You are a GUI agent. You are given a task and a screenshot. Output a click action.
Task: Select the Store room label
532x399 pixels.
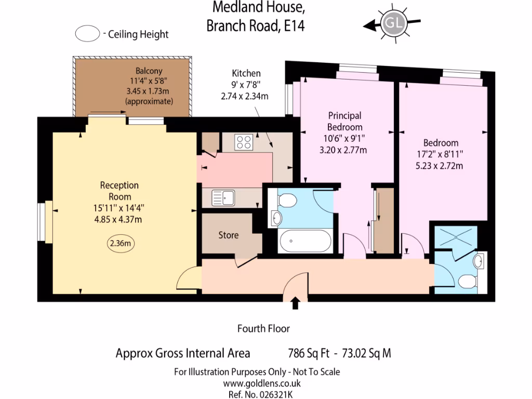(x=228, y=235)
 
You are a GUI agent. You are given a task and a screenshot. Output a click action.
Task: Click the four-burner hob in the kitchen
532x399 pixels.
(x=244, y=141)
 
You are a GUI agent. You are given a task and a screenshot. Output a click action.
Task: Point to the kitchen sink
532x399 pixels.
(x=224, y=197)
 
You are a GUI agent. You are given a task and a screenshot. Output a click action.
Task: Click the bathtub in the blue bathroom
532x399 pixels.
(x=304, y=241)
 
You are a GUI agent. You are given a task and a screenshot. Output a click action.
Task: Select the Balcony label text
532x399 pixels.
(x=149, y=71)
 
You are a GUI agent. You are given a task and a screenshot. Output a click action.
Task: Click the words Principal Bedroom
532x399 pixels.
(x=344, y=121)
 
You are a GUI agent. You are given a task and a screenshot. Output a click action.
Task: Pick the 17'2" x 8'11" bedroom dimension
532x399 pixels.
(x=441, y=154)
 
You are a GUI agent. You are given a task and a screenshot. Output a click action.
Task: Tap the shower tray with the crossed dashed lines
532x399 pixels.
(x=455, y=236)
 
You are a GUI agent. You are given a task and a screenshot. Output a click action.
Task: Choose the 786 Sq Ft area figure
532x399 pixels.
(x=309, y=354)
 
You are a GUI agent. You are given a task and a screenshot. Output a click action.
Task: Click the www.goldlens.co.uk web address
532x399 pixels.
(x=262, y=383)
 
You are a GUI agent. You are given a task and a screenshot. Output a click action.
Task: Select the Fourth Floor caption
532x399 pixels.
(x=263, y=328)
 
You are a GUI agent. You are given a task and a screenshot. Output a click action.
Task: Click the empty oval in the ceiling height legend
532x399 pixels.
(x=87, y=34)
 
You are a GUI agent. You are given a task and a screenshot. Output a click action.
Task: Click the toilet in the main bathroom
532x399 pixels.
(x=287, y=200)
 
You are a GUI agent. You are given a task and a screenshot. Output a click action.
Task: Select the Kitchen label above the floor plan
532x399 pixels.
(x=246, y=73)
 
